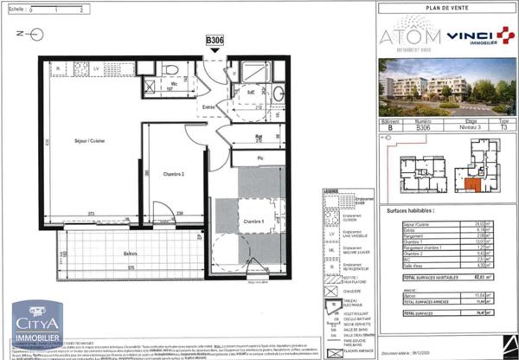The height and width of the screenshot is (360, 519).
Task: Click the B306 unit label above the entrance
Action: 215,41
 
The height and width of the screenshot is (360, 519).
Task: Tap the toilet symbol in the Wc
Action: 171,69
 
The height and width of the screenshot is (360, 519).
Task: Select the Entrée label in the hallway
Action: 209,107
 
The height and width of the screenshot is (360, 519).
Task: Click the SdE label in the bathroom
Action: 251,91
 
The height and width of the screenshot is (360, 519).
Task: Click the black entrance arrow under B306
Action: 215,52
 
